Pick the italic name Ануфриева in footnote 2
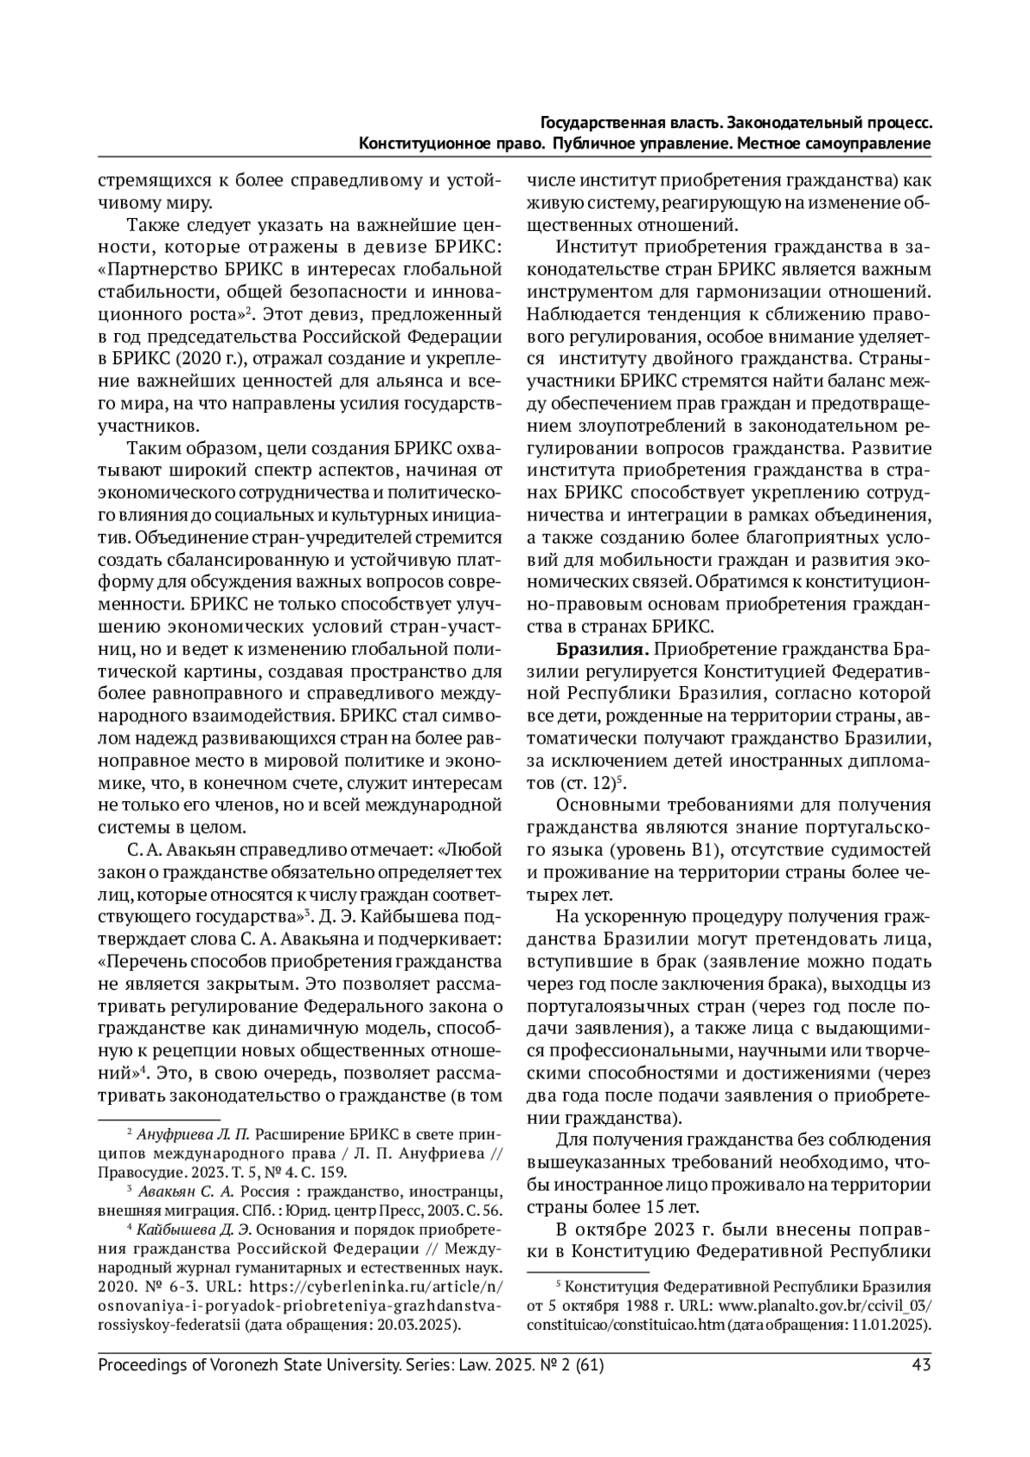pyautogui.click(x=177, y=1132)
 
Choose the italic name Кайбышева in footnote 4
pyautogui.click(x=178, y=1229)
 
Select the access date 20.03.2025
pyautogui.click(x=419, y=1324)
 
